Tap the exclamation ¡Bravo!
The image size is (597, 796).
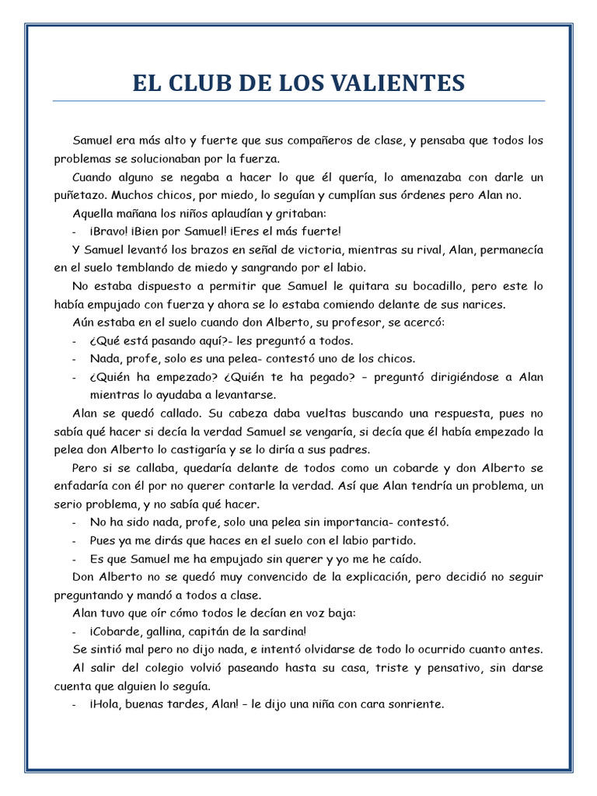click(110, 231)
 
